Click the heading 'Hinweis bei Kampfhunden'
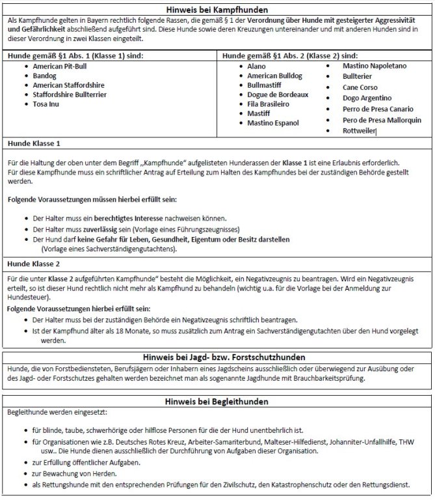click(x=217, y=10)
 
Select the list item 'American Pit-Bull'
click(x=62, y=66)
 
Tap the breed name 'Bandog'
click(x=46, y=76)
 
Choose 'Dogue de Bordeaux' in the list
click(x=278, y=94)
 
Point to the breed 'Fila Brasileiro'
click(x=272, y=104)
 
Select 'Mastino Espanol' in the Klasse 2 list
click(x=273, y=122)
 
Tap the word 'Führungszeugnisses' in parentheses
click(x=205, y=230)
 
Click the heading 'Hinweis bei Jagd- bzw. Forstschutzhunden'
click(x=217, y=357)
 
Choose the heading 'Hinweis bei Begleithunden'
click(x=217, y=401)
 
